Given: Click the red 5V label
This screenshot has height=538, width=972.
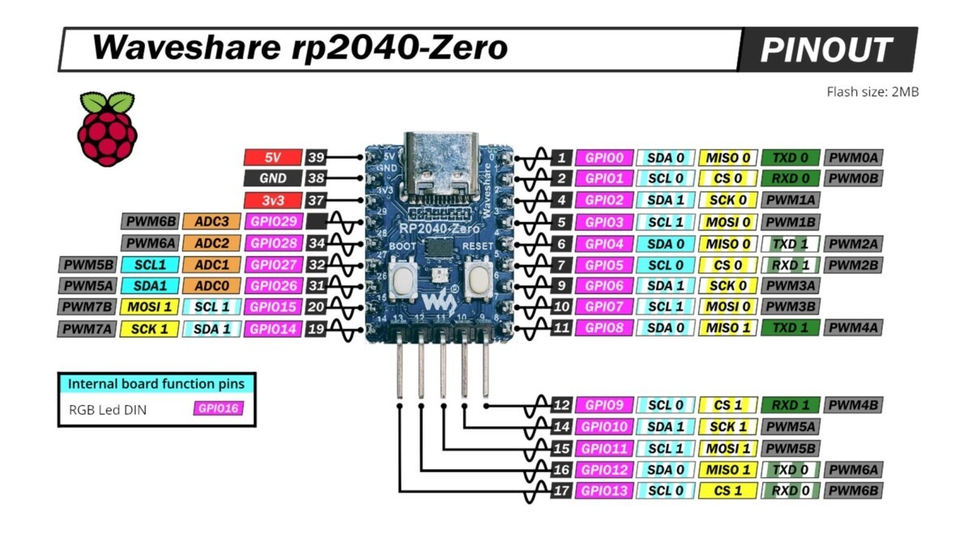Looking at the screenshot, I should pyautogui.click(x=272, y=157).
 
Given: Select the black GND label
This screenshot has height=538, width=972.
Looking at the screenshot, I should pyautogui.click(x=272, y=178).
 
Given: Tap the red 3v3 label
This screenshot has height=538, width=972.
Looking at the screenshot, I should pyautogui.click(x=272, y=200).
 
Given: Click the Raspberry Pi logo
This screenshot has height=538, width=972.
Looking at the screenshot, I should pyautogui.click(x=107, y=129).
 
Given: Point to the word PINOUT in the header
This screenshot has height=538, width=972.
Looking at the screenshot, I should pyautogui.click(x=825, y=50).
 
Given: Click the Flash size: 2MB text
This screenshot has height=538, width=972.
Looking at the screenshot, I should pyautogui.click(x=872, y=92).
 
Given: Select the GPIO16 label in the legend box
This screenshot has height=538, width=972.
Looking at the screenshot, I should pyautogui.click(x=218, y=408).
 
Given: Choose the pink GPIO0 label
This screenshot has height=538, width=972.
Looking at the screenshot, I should pyautogui.click(x=603, y=158).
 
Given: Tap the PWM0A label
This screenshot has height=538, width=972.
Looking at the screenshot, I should pyautogui.click(x=853, y=158).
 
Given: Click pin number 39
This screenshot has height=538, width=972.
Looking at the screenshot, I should pyautogui.click(x=316, y=157).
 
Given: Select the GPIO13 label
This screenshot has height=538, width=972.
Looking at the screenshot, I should pyautogui.click(x=603, y=490).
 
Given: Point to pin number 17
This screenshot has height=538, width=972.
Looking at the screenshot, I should pyautogui.click(x=561, y=490).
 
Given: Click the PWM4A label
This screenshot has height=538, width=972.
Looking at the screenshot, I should pyautogui.click(x=853, y=328).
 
